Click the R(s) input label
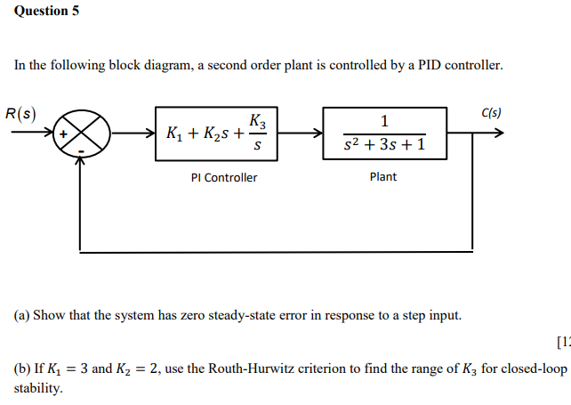pyautogui.click(x=20, y=114)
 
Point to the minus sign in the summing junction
pyautogui.click(x=80, y=152)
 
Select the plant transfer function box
pyautogui.click(x=384, y=134)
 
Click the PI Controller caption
pyautogui.click(x=224, y=178)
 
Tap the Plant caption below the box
pyautogui.click(x=383, y=177)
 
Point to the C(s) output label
pyautogui.click(x=491, y=113)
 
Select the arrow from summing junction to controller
pyautogui.click(x=133, y=135)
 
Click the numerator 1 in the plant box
pyautogui.click(x=383, y=121)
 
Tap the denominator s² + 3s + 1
pyautogui.click(x=383, y=145)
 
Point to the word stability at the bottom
pyautogui.click(x=38, y=388)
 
